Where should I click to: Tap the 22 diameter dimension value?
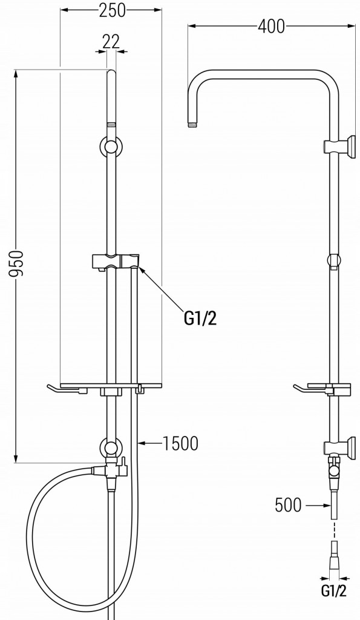pos(111,41)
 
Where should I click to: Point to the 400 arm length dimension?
pos(271,27)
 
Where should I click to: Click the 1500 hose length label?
pos(180,443)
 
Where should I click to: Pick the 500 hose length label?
pos(288,505)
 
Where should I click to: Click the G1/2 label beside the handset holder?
pos(200,317)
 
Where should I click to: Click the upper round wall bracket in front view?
pos(111,147)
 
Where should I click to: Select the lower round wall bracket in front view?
pos(111,447)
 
